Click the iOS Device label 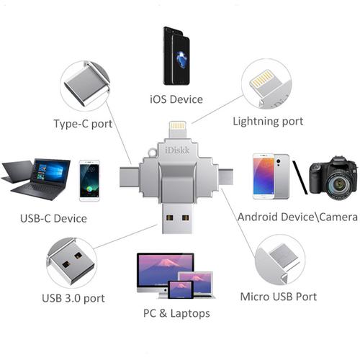click(176, 99)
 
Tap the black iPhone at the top click(176, 55)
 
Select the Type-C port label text click(83, 124)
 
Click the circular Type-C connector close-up click(85, 86)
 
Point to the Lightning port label click(268, 122)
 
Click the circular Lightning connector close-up click(266, 84)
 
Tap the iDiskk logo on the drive click(177, 150)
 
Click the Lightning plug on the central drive click(178, 130)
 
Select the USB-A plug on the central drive click(177, 218)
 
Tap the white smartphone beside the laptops click(89, 181)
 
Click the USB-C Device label click(53, 219)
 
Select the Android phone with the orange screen click(264, 176)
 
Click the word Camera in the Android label click(338, 217)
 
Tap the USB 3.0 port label click(73, 299)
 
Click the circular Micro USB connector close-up click(280, 260)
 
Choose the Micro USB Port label click(279, 297)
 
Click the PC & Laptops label click(176, 313)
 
